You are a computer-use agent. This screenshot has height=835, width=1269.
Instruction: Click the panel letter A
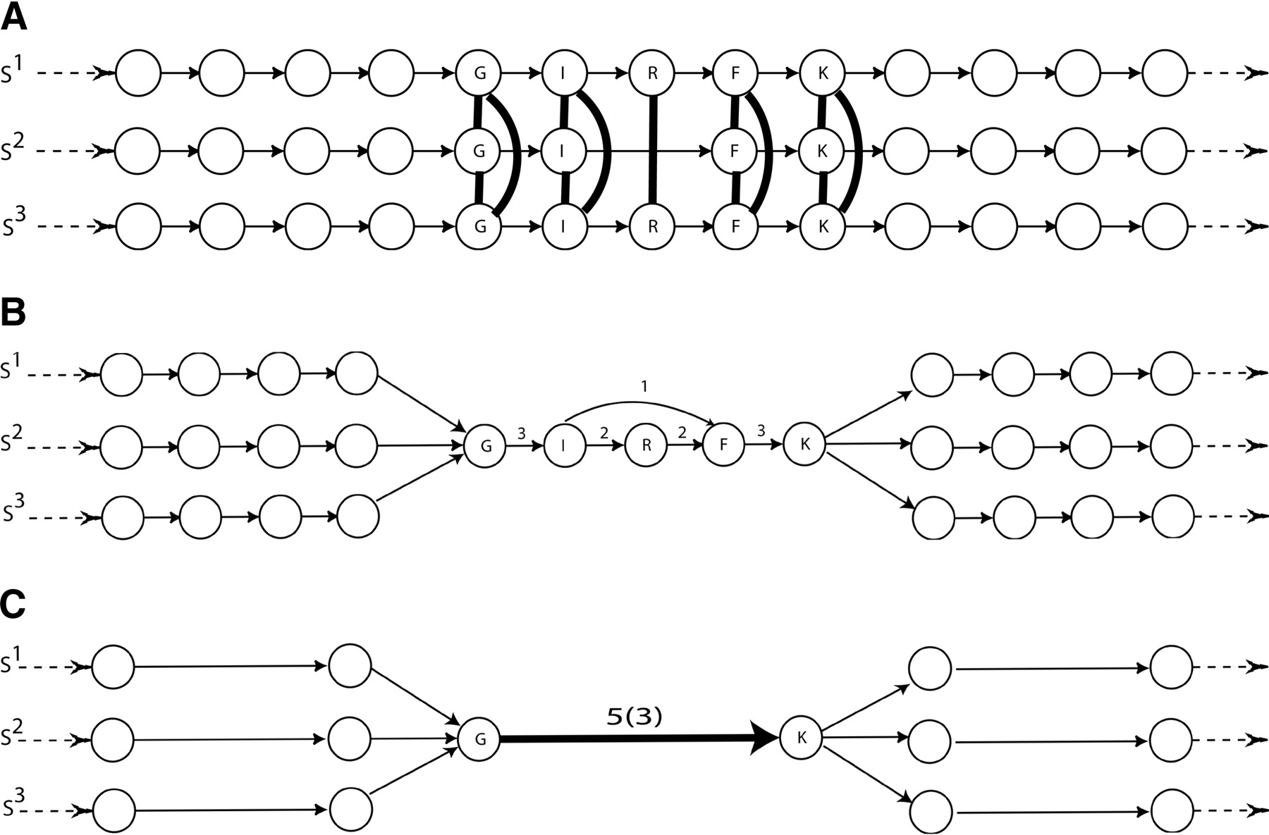13,17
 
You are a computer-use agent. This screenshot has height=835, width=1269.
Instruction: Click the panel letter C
13,604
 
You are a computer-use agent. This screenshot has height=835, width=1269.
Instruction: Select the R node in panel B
646,445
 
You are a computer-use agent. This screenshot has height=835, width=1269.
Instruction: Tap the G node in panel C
479,739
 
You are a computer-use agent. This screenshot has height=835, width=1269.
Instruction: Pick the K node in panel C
802,738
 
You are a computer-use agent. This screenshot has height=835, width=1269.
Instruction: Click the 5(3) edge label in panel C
634,717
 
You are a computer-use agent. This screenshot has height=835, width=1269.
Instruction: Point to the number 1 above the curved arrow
644,386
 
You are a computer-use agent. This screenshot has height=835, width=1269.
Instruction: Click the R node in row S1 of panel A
652,73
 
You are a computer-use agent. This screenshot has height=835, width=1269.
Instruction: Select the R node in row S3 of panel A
652,227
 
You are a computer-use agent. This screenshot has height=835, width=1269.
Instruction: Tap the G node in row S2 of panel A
479,150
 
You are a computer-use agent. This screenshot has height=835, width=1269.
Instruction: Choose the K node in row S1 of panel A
822,73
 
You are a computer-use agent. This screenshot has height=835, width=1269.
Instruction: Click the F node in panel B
723,445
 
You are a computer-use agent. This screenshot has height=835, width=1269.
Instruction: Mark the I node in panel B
565,445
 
